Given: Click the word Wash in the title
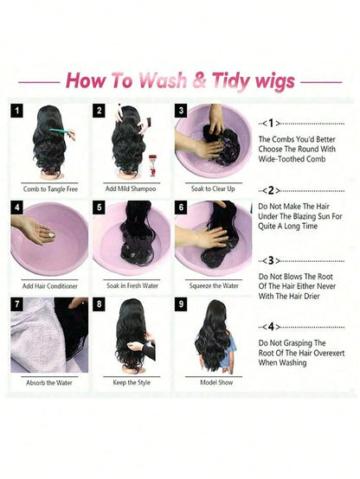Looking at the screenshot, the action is click(162, 80).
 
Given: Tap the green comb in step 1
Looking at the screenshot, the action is click(61, 131).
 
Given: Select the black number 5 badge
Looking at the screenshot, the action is click(99, 208).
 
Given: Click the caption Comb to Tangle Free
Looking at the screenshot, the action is click(50, 189).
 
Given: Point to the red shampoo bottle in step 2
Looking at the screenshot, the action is click(152, 165).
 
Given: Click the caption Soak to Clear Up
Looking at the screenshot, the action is click(213, 188).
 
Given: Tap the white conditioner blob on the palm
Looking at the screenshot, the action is click(51, 235).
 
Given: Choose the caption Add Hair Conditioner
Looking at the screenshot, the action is click(50, 286).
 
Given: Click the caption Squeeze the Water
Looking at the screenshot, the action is click(214, 285).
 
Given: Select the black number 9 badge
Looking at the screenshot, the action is click(181, 304).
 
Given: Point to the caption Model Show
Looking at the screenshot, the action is click(216, 382).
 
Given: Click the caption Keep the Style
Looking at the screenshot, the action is click(132, 382).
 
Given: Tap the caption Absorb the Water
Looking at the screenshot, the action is click(49, 382).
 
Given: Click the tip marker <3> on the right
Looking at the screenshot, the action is click(271, 260).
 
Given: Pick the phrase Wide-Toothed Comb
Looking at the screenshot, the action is click(292, 159).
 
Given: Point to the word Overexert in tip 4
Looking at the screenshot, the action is click(326, 353).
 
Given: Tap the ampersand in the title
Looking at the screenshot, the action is click(199, 80).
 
